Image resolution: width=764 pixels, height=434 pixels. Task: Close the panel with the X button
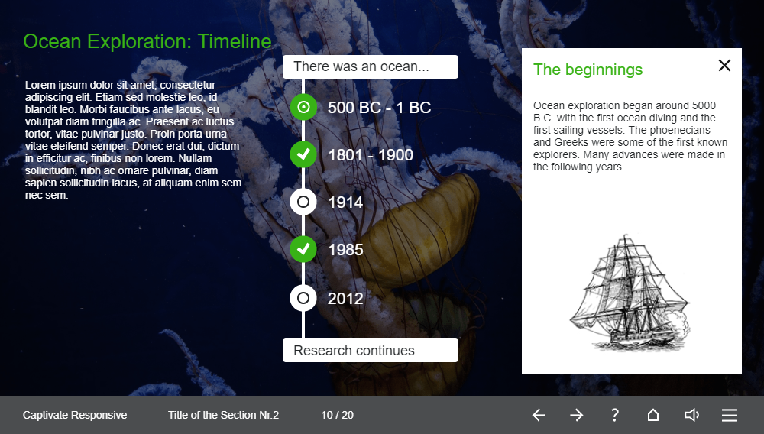coord(724,65)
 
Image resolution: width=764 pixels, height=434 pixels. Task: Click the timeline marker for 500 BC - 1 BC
coord(303,107)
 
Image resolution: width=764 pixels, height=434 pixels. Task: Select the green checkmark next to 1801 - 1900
coord(303,154)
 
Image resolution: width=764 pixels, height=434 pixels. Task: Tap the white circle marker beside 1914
coord(303,202)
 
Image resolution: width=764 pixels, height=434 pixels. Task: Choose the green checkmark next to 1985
coord(303,249)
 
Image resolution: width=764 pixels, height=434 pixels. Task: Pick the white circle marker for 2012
coord(303,298)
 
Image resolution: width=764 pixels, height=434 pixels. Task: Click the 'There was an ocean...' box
coord(371,66)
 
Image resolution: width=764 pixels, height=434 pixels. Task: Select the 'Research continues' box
coord(371,350)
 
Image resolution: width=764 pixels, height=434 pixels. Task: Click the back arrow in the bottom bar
coord(539,415)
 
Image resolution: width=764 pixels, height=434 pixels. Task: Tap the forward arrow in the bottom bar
coord(576,415)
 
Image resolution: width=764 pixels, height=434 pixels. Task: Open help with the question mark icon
coord(615,415)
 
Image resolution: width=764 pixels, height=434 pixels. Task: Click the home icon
coord(653,415)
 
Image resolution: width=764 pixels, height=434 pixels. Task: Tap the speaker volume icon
coord(691,415)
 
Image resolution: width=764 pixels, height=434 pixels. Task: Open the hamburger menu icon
coord(730,415)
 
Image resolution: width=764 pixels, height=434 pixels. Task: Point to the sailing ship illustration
coord(630,293)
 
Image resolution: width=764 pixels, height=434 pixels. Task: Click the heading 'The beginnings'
coord(588,70)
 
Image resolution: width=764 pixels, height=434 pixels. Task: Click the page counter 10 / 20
coord(337,415)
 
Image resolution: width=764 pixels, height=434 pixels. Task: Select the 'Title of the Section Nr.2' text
coord(223,415)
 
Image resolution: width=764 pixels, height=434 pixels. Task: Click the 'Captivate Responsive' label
coord(75,415)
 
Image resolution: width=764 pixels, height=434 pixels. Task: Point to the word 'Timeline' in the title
coord(235,41)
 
